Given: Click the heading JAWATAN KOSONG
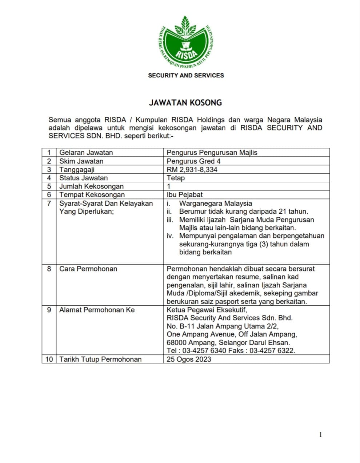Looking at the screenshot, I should point(185,103).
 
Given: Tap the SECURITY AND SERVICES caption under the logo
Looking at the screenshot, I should point(186,76).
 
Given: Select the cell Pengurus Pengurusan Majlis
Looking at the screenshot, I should point(212,153).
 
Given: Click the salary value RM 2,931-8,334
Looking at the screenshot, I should point(192,169).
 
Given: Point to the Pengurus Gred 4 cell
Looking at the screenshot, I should point(193,161).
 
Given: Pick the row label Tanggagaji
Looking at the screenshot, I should point(77,169).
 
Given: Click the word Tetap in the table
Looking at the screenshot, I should point(176,178).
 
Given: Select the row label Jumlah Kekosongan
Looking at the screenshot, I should point(91,186).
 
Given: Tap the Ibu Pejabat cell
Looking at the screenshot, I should point(184,195).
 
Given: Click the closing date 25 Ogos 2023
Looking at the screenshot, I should point(189,359).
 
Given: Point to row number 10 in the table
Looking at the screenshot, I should point(49,359).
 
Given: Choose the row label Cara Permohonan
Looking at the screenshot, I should point(88,269).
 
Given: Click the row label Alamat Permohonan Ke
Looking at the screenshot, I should point(97,310).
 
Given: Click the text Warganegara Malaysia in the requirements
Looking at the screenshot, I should point(215,204).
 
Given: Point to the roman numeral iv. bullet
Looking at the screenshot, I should point(170,236).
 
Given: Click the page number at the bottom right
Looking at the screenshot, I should point(320,435).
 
